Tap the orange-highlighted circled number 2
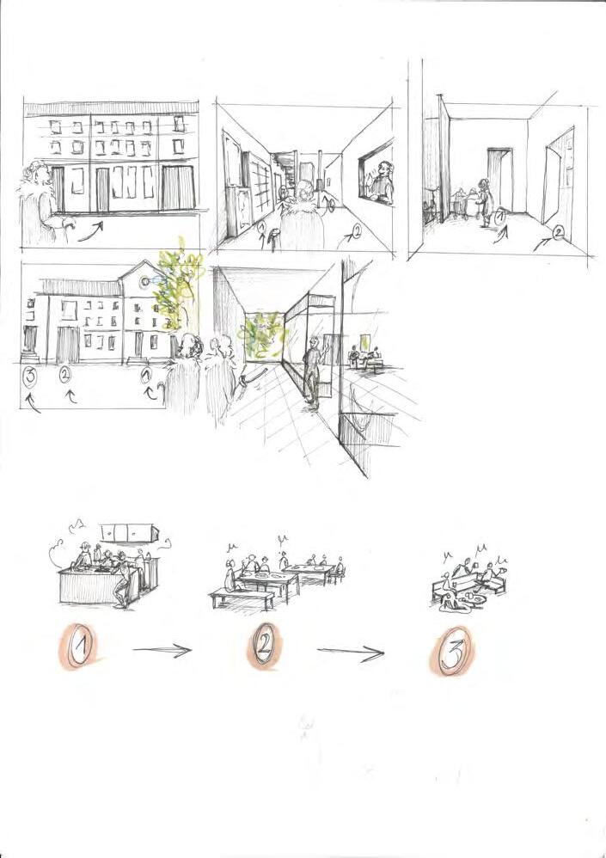[263, 647]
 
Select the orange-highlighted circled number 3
[453, 650]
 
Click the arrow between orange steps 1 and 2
[162, 650]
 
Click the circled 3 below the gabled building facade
[28, 377]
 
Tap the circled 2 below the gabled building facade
[64, 375]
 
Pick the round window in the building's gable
[144, 281]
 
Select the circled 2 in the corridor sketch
[356, 232]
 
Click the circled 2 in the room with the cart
[557, 233]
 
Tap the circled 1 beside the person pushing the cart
[500, 218]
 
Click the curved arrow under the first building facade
[90, 231]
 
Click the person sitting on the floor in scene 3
[451, 601]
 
